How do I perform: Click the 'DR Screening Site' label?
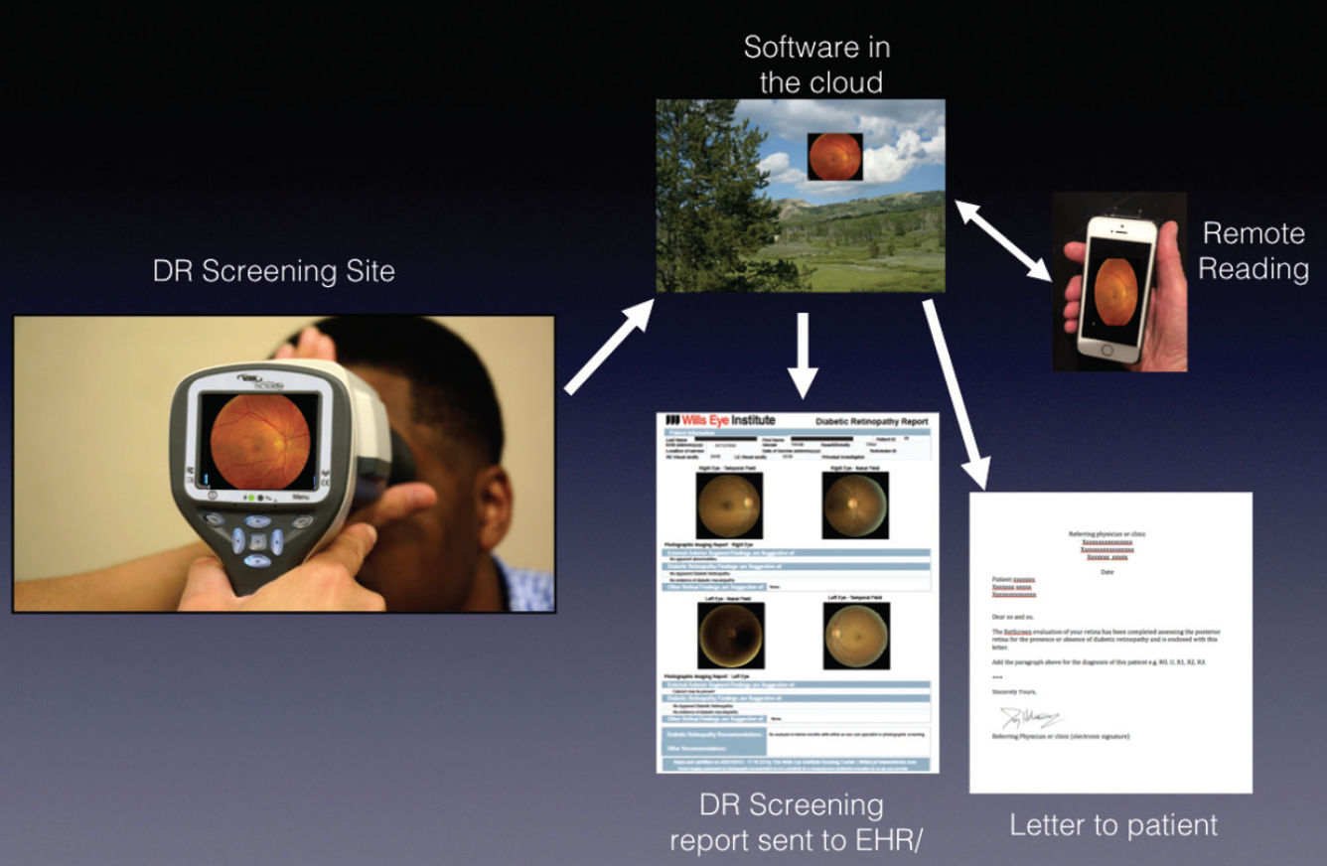tap(273, 270)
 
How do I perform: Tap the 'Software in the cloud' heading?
tap(817, 64)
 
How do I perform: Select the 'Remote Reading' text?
tap(1253, 250)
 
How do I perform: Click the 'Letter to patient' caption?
tap(1112, 824)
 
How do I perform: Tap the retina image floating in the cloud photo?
tap(834, 157)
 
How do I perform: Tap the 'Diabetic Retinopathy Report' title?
tap(871, 421)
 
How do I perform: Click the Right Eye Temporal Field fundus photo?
tap(729, 505)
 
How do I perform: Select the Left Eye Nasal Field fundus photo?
tap(729, 635)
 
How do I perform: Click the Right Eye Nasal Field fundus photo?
tap(855, 505)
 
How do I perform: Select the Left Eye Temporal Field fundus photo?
tap(855, 635)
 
